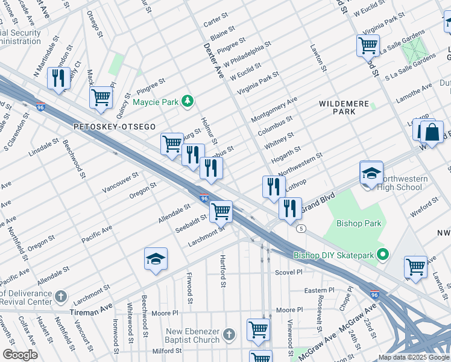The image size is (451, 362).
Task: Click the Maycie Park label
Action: [156, 102]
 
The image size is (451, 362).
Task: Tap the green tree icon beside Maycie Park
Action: [188, 101]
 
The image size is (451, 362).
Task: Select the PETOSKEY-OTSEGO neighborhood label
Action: [115, 127]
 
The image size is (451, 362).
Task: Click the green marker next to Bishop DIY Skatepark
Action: [381, 255]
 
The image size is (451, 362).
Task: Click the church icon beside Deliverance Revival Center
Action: [61, 296]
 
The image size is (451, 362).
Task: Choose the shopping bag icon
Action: [432, 132]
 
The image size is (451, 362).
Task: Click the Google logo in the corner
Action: [20, 355]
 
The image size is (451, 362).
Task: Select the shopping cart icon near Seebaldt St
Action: [221, 211]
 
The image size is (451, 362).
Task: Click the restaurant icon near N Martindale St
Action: [58, 78]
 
